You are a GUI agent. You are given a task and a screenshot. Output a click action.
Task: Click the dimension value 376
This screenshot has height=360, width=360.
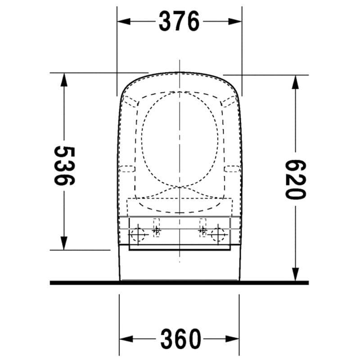pos(179,21)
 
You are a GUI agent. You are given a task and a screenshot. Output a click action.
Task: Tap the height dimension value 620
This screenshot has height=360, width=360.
pos(296,180)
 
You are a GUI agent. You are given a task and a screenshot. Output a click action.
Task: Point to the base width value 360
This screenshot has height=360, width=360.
pos(179,339)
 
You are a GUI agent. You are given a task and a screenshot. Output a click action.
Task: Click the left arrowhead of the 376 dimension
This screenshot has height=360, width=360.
pos(123,21)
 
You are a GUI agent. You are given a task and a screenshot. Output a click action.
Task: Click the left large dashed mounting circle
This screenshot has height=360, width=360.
pos(138,234)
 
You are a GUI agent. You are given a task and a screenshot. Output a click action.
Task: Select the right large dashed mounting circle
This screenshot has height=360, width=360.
pos(219,234)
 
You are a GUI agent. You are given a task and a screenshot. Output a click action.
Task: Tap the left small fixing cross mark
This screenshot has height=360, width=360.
pos(156,231)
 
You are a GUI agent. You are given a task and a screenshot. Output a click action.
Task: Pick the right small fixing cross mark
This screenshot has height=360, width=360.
pos(202,231)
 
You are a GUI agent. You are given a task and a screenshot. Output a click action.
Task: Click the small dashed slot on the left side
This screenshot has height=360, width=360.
pos(128,169)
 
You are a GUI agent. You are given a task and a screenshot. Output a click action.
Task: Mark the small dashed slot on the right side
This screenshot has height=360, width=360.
pos(232,169)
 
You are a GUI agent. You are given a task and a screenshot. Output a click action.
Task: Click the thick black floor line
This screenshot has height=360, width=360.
pos(179,283)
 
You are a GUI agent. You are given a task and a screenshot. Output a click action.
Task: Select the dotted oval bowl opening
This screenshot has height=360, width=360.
pos(180,139)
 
